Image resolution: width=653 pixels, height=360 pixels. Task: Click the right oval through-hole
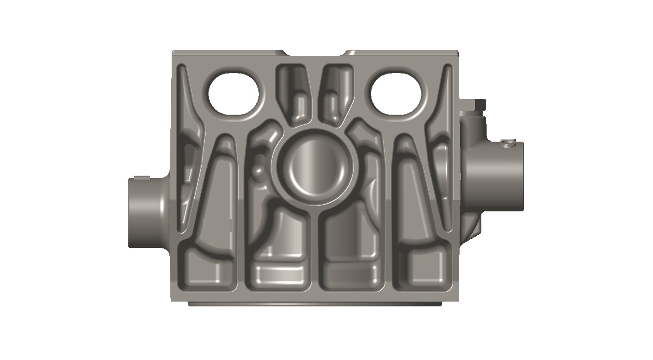pyautogui.click(x=396, y=94)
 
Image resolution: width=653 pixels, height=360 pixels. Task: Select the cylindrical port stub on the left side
pyautogui.click(x=146, y=212)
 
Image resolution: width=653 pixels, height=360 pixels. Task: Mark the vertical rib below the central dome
pyautogui.click(x=316, y=253)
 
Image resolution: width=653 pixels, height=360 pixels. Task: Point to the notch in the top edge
pyautogui.click(x=316, y=54)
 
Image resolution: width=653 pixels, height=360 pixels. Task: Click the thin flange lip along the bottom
pyautogui.click(x=316, y=303)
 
